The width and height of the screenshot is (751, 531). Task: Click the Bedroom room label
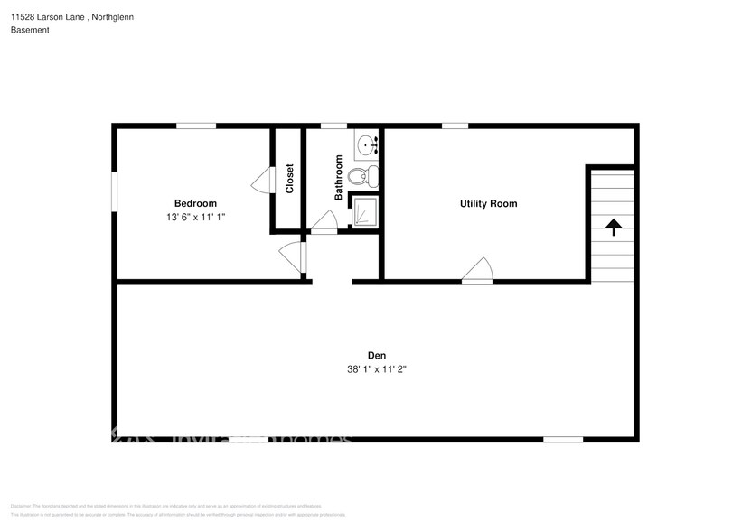195,203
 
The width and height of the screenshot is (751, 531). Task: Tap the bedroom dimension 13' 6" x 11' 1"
195,218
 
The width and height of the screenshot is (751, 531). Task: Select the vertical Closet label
289,178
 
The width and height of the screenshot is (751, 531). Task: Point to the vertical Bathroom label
339,177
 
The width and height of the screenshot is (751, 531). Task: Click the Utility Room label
488,203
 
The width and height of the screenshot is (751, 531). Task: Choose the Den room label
377,354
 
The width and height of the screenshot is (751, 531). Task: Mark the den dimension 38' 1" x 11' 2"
377,368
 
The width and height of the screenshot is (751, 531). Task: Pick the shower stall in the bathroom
364,211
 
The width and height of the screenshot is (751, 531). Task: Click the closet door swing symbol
261,180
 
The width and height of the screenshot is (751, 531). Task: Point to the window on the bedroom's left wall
115,192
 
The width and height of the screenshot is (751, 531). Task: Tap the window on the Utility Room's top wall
455,126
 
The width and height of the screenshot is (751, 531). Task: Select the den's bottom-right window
562,440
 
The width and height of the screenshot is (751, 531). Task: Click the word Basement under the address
30,30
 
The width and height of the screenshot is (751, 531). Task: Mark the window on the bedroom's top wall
195,126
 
